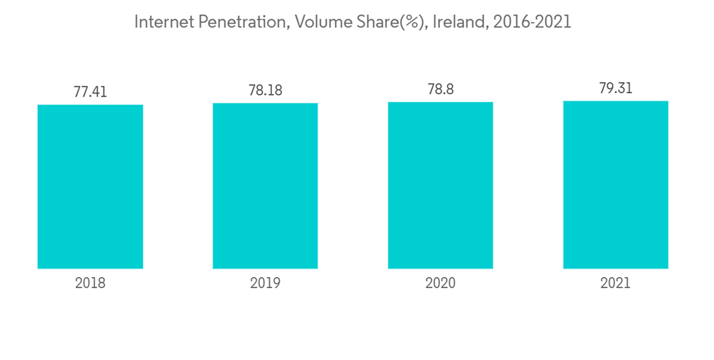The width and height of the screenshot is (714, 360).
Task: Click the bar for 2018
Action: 90,186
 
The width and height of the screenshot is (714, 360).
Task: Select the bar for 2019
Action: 265,186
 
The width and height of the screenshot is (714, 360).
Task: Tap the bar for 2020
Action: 441,185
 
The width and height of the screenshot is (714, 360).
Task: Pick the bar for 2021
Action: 615,184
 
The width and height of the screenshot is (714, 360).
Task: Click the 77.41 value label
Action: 90,92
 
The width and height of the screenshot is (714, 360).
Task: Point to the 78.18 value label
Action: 265,91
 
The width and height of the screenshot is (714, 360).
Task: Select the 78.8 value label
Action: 441,89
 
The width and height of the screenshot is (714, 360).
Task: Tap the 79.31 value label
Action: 615,89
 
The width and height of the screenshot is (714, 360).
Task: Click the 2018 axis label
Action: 90,283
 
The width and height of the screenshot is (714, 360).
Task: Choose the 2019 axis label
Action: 265,283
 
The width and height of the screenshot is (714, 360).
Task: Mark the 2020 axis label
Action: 441,283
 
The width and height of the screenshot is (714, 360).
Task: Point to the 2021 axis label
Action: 615,283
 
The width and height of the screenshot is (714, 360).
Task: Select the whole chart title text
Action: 353,22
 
